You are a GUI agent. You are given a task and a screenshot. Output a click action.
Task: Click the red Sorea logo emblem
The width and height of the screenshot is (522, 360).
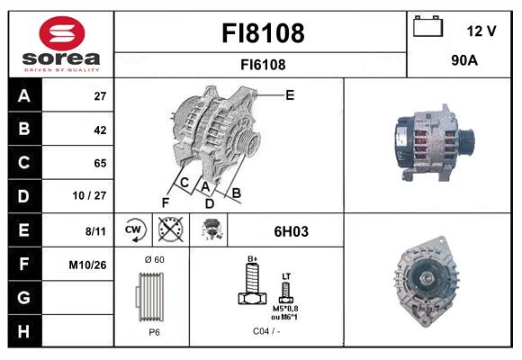[62, 33]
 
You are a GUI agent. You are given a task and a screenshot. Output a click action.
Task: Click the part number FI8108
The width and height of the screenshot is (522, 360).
[263, 33]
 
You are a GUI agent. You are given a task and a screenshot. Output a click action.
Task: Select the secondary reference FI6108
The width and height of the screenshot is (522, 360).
[263, 65]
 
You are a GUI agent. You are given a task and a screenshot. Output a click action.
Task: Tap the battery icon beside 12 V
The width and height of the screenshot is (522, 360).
[428, 26]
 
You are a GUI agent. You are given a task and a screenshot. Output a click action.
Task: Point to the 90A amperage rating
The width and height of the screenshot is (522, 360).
[464, 60]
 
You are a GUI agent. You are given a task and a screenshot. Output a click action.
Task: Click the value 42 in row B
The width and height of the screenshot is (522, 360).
[100, 130]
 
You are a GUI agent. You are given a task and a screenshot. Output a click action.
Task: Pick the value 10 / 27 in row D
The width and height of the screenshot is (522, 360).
[90, 195]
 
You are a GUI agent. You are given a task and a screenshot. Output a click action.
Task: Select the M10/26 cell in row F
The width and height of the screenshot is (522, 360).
[87, 265]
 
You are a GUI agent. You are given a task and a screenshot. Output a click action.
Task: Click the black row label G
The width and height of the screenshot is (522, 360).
[24, 297]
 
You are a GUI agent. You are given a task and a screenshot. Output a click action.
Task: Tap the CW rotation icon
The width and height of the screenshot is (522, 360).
[134, 229]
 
